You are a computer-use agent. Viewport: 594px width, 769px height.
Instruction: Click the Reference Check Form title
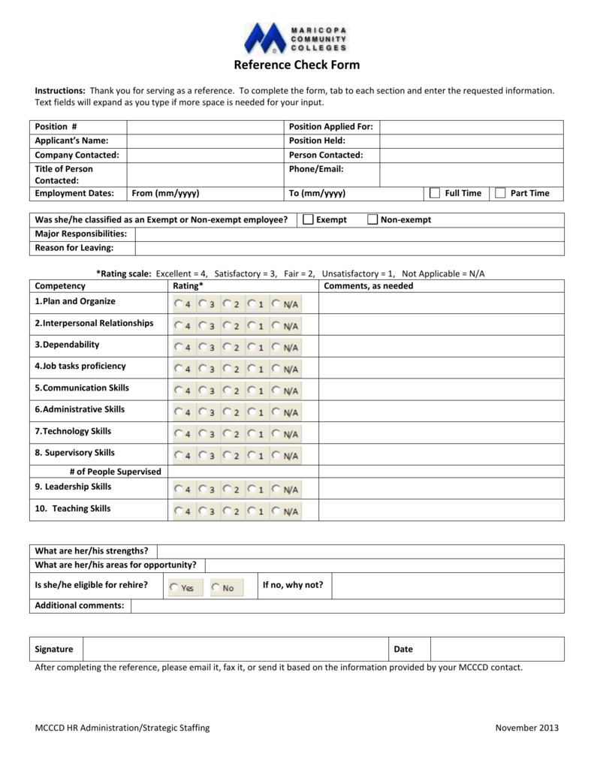pyautogui.click(x=297, y=65)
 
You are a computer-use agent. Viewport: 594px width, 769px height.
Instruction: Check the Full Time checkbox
pyautogui.click(x=434, y=193)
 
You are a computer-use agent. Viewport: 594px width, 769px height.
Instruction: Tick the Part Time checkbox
pyautogui.click(x=500, y=193)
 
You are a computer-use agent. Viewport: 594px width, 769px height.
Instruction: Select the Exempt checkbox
pyautogui.click(x=307, y=220)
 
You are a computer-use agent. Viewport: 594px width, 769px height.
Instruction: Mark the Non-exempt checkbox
pyautogui.click(x=372, y=220)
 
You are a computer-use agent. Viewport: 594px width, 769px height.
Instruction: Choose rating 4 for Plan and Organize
pyautogui.click(x=177, y=304)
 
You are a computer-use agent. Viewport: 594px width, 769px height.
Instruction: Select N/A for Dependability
pyautogui.click(x=276, y=348)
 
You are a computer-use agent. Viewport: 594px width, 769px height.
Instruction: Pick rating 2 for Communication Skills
pyautogui.click(x=227, y=391)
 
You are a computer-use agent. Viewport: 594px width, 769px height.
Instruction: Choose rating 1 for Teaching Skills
pyautogui.click(x=252, y=511)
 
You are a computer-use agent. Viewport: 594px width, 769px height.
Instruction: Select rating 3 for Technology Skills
pyautogui.click(x=202, y=434)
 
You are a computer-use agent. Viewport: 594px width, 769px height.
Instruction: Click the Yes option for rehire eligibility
pyautogui.click(x=174, y=587)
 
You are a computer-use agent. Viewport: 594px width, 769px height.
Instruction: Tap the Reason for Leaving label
pyautogui.click(x=74, y=248)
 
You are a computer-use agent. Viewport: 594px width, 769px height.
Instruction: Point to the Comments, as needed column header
pyautogui.click(x=368, y=286)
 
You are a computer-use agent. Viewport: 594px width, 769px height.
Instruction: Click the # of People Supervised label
pyautogui.click(x=115, y=471)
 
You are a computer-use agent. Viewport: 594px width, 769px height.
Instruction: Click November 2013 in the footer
pyautogui.click(x=527, y=728)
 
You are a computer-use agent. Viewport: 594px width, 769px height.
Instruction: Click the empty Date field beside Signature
pyautogui.click(x=496, y=649)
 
